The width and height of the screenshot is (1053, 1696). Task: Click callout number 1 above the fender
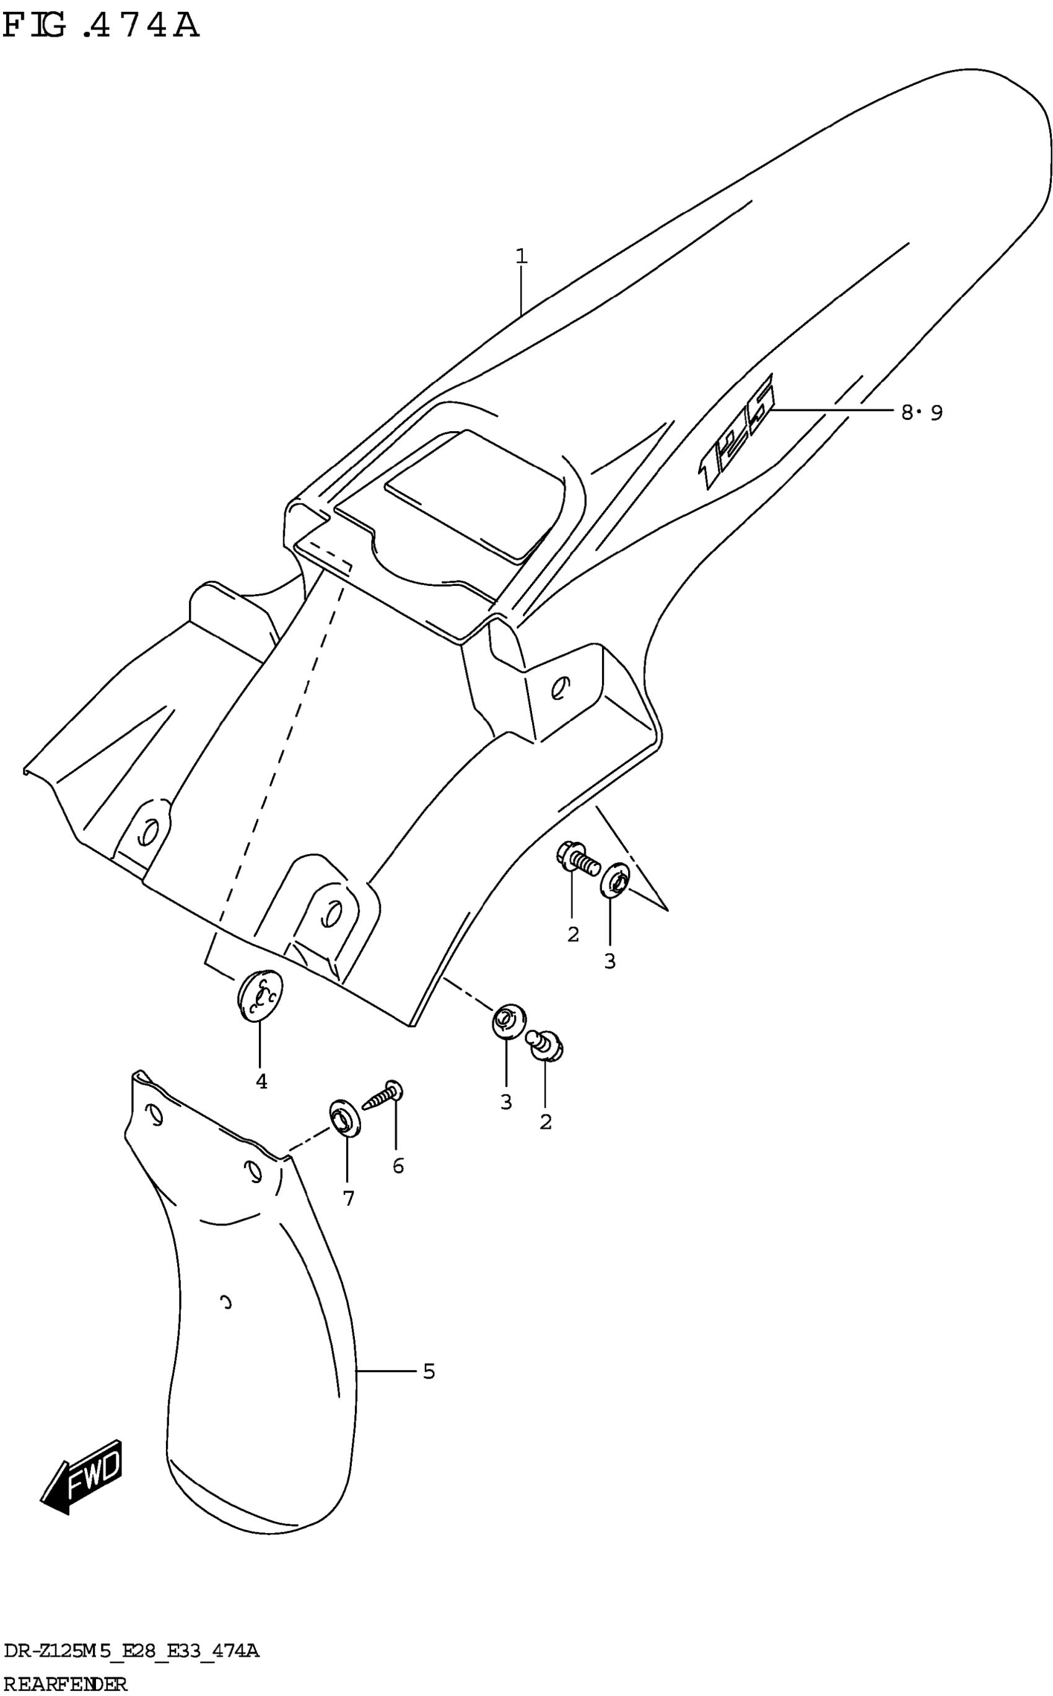(522, 256)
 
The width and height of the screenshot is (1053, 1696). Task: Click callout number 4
(261, 1082)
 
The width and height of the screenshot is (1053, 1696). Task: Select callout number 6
(398, 1166)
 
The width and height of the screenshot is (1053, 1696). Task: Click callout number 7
(348, 1198)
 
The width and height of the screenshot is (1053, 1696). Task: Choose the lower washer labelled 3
(508, 1021)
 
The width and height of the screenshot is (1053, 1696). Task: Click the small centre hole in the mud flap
(225, 1301)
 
